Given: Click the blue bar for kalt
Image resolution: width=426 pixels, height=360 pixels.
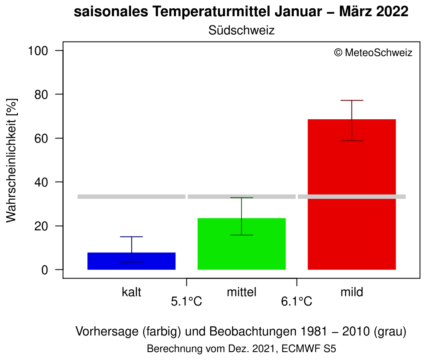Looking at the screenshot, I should pyautogui.click(x=131, y=261).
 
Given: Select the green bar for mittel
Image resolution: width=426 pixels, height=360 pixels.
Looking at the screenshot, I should pyautogui.click(x=241, y=244).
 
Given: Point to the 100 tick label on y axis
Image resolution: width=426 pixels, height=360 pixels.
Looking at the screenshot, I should pyautogui.click(x=39, y=51).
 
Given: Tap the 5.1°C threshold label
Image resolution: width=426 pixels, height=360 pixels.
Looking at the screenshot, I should pyautogui.click(x=186, y=301).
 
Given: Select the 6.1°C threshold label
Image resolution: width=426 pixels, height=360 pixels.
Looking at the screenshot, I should pyautogui.click(x=297, y=301).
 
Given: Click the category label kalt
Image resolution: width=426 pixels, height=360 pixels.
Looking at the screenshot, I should pyautogui.click(x=131, y=292).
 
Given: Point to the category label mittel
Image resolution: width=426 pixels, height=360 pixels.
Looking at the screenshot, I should pyautogui.click(x=241, y=292).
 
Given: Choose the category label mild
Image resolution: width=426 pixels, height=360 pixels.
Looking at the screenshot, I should pyautogui.click(x=352, y=292).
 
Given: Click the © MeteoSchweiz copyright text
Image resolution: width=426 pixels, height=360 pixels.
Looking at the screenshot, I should pyautogui.click(x=373, y=53).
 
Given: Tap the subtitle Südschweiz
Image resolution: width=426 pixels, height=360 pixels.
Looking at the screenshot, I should pyautogui.click(x=241, y=30).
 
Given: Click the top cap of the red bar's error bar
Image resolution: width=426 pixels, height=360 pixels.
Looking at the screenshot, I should pyautogui.click(x=352, y=101).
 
